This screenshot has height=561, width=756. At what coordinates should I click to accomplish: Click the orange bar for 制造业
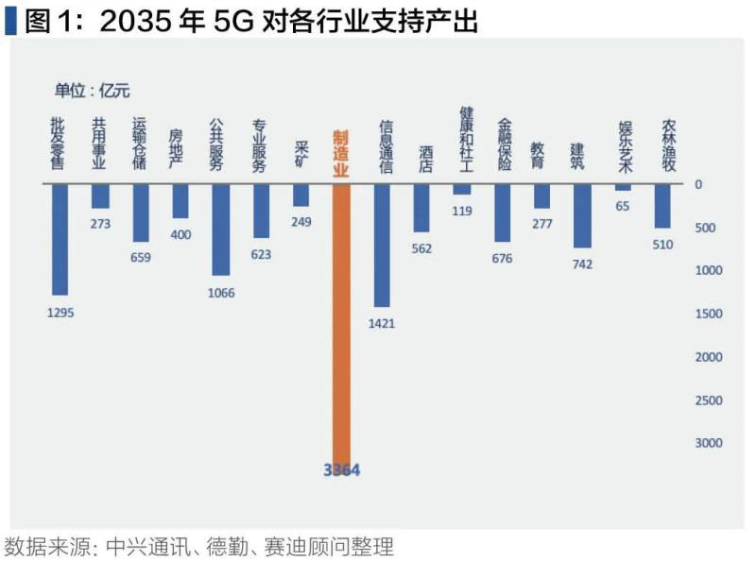(341, 321)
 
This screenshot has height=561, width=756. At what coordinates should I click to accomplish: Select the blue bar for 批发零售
(60, 239)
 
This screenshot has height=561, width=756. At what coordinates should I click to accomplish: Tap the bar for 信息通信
(382, 245)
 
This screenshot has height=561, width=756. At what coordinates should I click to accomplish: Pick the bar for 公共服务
(220, 229)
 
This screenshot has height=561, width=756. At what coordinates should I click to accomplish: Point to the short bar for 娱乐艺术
(623, 187)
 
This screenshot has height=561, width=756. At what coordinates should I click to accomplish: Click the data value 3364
(341, 469)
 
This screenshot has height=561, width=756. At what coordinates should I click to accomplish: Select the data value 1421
(382, 323)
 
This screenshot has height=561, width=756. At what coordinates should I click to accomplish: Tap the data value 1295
(60, 312)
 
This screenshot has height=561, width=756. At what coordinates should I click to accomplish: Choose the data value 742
(582, 264)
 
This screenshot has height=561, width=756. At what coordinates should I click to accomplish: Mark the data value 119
(462, 211)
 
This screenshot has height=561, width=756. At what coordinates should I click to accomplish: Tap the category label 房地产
(180, 149)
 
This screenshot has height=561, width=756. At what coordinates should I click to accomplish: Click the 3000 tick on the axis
(708, 443)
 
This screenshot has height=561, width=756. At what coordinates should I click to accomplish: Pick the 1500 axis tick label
(708, 314)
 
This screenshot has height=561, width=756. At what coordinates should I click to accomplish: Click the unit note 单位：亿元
(92, 91)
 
